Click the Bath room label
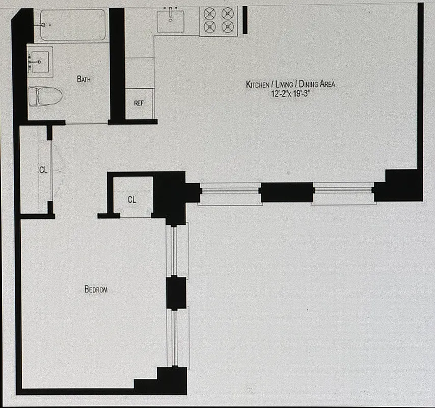[85, 79]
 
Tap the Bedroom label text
[96, 290]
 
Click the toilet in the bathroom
[46, 95]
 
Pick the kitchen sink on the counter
[170, 22]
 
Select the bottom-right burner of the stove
[227, 27]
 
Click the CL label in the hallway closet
[43, 170]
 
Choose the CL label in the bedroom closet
[131, 200]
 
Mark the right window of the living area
[343, 192]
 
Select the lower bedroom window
[178, 337]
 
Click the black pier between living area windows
[286, 192]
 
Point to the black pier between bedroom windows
[177, 292]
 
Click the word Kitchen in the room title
[258, 85]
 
